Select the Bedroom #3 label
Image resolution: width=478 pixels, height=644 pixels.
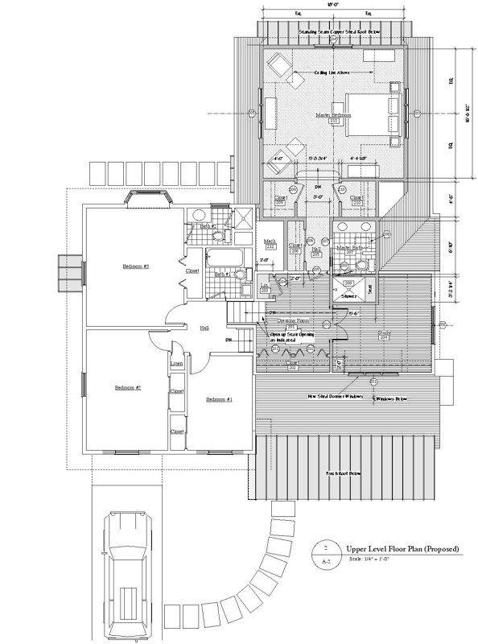click(x=136, y=266)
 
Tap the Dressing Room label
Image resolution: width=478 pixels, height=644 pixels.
click(x=292, y=320)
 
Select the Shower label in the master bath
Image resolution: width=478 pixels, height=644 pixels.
click(x=350, y=295)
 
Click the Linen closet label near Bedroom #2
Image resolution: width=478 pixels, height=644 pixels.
click(x=177, y=365)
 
